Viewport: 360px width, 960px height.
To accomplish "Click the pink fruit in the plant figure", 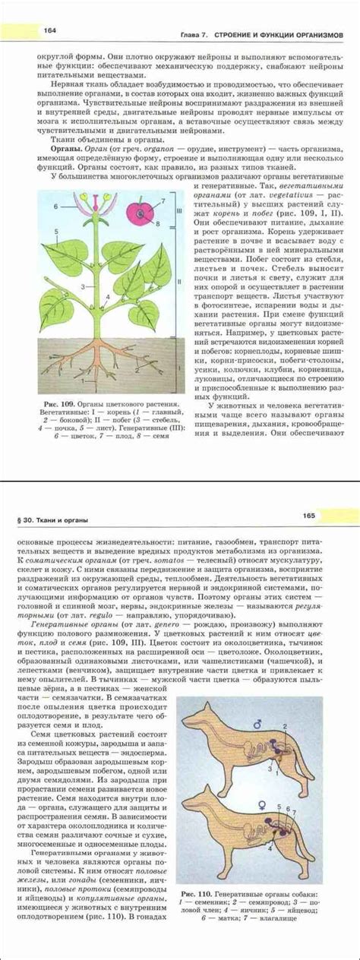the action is (x=141, y=215).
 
